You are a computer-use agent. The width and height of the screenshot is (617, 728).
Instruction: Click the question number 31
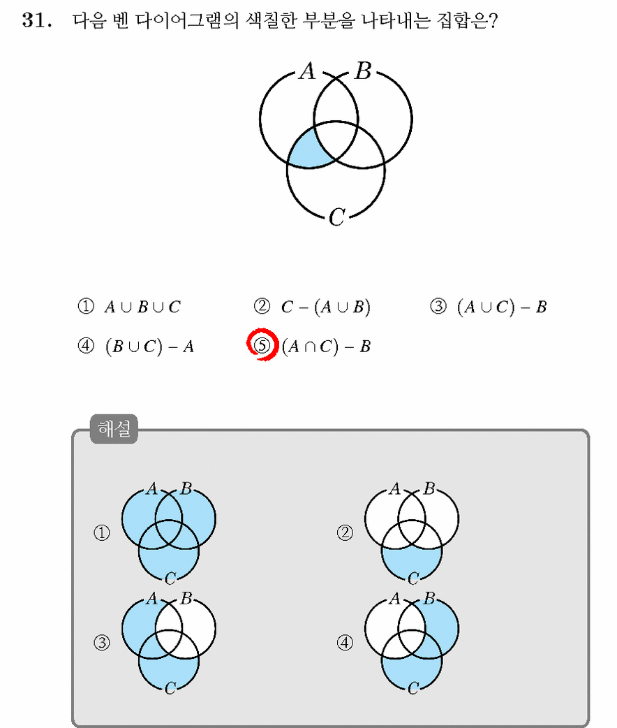37,20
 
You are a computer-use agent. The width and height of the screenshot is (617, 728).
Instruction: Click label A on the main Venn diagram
307,71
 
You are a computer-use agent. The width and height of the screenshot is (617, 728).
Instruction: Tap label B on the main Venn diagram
363,71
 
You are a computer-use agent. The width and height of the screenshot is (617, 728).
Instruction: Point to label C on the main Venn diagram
337,217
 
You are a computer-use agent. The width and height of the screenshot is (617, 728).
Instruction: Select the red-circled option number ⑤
262,345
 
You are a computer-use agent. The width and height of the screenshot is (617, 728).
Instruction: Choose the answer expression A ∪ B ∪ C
142,307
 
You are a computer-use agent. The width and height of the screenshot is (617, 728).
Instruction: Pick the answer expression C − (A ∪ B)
326,307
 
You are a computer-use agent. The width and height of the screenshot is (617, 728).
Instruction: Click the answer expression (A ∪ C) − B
502,307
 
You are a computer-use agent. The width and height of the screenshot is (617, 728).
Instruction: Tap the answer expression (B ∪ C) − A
149,347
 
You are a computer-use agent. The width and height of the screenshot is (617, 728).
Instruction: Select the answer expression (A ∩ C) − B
326,347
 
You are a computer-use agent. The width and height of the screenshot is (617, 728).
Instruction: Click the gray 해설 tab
114,428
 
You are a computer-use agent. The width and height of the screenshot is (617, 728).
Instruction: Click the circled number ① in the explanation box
102,532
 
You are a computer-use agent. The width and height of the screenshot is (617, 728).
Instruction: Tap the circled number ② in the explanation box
345,532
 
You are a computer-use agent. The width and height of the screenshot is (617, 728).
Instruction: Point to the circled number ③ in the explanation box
102,643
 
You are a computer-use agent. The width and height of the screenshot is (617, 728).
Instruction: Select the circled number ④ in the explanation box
345,643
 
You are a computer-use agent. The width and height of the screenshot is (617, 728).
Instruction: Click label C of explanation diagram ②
413,578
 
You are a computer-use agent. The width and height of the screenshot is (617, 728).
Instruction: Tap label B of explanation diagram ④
429,598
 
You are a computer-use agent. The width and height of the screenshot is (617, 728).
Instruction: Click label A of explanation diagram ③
151,599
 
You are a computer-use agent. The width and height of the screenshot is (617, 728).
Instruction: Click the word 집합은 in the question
467,20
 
